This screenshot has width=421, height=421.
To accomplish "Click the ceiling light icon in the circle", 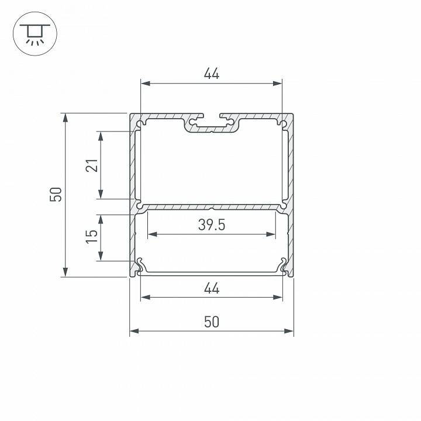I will click(x=33, y=34).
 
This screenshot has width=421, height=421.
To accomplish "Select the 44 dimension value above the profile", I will click(x=211, y=74).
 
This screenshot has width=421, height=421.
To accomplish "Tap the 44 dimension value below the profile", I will click(x=211, y=288).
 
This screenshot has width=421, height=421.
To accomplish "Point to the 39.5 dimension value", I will click(x=211, y=225).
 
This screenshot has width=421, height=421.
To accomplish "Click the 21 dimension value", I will click(x=91, y=166).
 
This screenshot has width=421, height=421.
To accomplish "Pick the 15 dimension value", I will click(x=91, y=237).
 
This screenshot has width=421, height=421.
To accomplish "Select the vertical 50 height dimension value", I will click(x=56, y=194).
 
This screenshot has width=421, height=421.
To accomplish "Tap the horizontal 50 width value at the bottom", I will click(x=211, y=322).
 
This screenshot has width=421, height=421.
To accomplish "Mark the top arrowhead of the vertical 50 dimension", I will click(x=65, y=118).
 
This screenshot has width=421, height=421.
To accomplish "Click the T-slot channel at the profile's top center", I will click(x=211, y=124).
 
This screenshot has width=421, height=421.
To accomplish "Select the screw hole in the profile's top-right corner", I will click(x=282, y=123).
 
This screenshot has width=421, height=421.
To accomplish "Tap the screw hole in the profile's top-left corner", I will click(x=140, y=123).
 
